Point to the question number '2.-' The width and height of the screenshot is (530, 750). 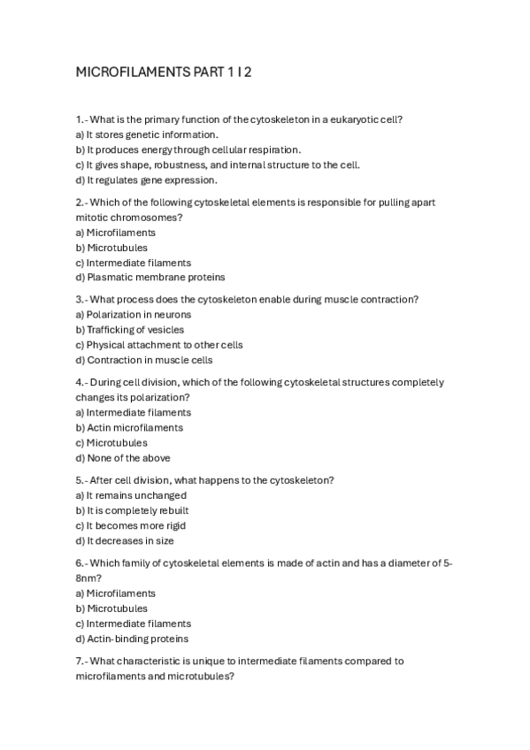[x=81, y=203]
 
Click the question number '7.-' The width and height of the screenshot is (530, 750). [x=81, y=661]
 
